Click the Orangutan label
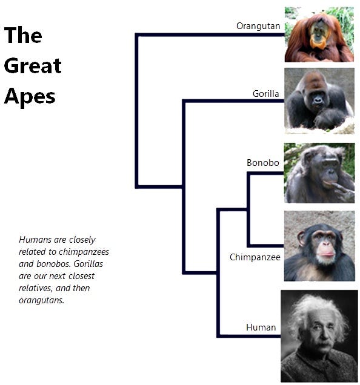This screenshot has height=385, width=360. click(x=258, y=26)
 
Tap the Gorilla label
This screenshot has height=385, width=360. click(x=266, y=94)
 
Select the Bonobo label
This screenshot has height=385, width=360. click(x=263, y=163)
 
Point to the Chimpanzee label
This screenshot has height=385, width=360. click(x=255, y=257)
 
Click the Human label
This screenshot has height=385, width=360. click(x=261, y=327)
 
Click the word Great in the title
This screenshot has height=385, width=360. click(x=33, y=66)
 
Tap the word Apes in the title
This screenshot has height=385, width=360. click(x=30, y=97)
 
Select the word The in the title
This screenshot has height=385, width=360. click(x=23, y=35)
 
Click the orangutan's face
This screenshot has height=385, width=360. click(x=319, y=35)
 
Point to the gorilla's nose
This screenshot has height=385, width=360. click(x=318, y=100)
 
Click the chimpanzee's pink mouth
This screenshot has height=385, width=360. click(x=326, y=254)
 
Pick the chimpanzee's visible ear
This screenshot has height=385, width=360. click(x=301, y=239)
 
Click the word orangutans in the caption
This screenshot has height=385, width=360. click(x=41, y=300)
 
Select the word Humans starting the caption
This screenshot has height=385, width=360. click(x=35, y=240)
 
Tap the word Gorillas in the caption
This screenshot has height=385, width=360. click(x=88, y=264)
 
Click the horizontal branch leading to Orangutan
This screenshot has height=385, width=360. click(x=210, y=35)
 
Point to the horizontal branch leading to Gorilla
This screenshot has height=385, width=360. click(x=233, y=101)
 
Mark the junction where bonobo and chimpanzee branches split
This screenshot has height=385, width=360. click(x=248, y=209)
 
